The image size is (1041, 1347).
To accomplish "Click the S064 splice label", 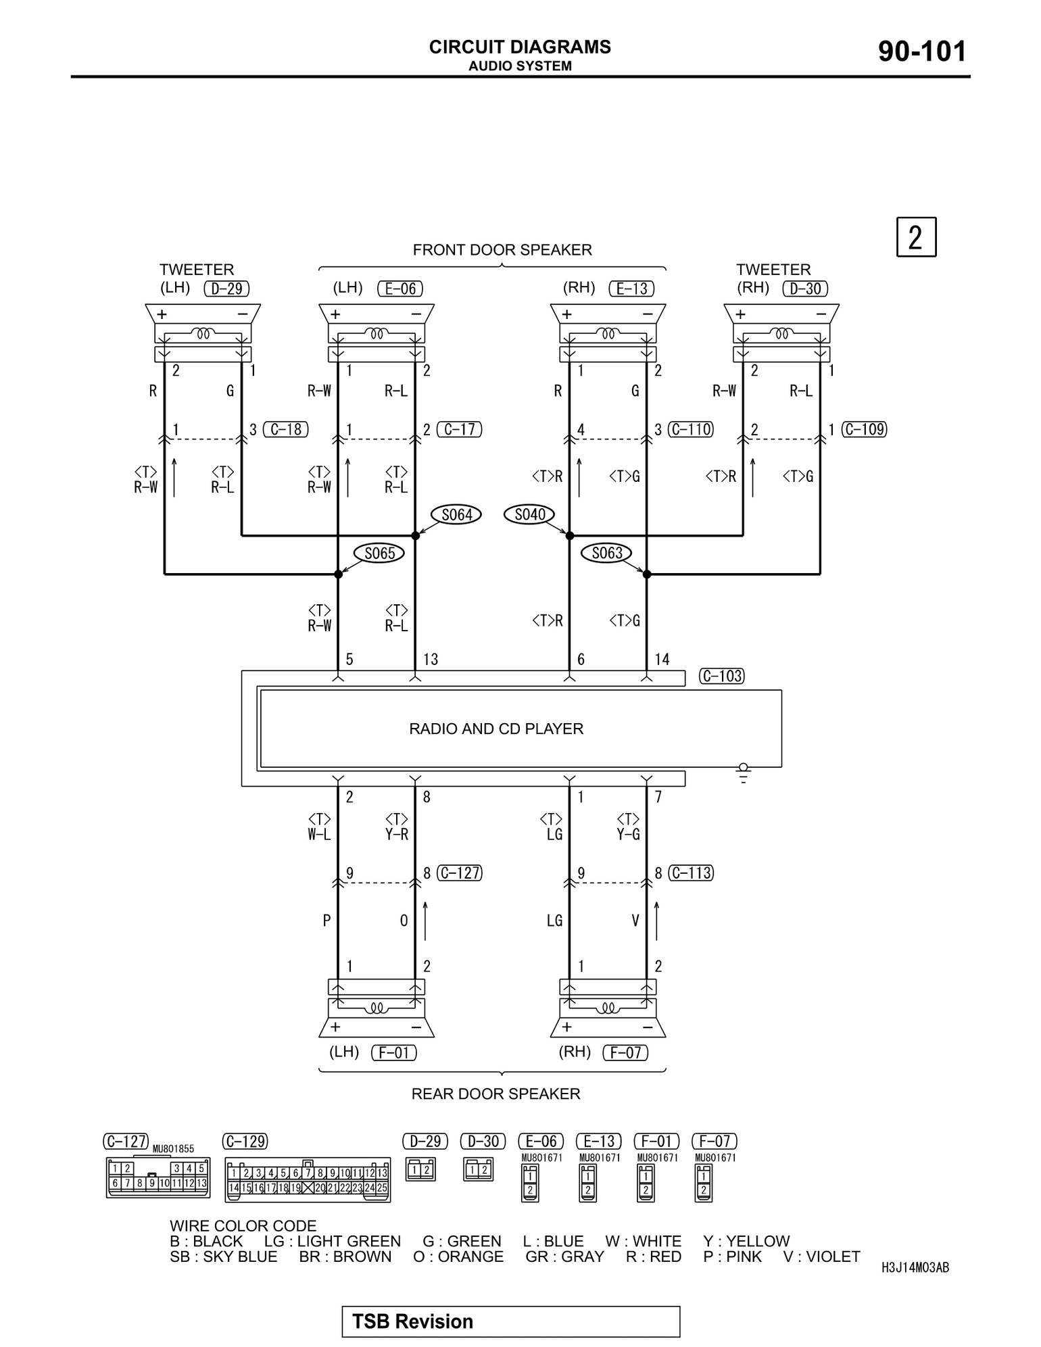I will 457,515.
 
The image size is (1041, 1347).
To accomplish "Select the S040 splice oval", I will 529,515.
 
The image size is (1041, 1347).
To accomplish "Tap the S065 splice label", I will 379,554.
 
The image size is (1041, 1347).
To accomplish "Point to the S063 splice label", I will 606,554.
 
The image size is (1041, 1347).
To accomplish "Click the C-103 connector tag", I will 722,676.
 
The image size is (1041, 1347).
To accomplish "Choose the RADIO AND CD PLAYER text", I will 496,729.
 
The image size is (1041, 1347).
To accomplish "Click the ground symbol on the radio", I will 744,773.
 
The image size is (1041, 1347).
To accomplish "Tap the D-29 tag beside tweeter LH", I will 226,289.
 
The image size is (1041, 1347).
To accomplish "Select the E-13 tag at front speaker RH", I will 632,289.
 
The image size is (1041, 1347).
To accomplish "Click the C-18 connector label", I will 285,429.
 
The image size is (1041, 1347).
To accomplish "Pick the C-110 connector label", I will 691,429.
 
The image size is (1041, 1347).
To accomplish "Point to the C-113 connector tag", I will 691,873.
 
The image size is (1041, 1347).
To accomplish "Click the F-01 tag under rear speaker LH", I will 394,1052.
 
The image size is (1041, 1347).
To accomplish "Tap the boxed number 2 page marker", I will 916,237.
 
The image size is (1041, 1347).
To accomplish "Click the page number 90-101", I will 922,52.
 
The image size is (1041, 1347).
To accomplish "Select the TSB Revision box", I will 510,1321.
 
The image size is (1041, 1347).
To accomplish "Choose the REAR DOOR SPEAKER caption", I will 495,1094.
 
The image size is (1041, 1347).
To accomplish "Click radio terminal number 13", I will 431,660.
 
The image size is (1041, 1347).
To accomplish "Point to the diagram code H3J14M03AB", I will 915,1268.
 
